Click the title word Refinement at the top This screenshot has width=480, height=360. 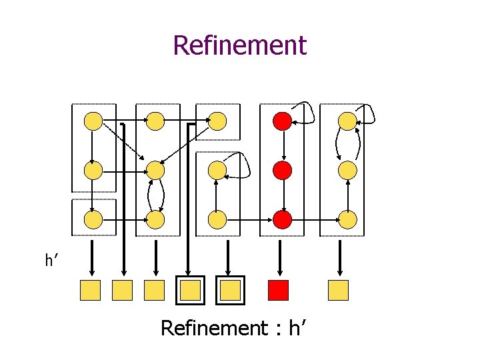pyautogui.click(x=239, y=45)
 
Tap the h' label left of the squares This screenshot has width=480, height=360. pyautogui.click(x=52, y=261)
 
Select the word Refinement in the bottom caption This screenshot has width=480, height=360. pyautogui.click(x=213, y=328)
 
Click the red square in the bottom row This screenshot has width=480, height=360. pyautogui.click(x=278, y=290)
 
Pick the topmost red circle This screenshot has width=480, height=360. pyautogui.click(x=283, y=121)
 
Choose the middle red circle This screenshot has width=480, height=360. pyautogui.click(x=283, y=170)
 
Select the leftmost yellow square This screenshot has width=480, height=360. pyautogui.click(x=90, y=290)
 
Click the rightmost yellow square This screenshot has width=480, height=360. pyautogui.click(x=339, y=290)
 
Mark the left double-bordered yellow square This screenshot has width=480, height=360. pyautogui.click(x=190, y=290)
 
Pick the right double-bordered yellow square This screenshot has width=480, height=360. pyautogui.click(x=230, y=290)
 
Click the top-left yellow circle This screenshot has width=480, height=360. pyautogui.click(x=93, y=121)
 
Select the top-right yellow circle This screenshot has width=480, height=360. pyautogui.click(x=347, y=121)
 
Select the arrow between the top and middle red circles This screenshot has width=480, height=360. pyautogui.click(x=283, y=145)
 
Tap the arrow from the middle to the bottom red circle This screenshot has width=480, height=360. pyautogui.click(x=283, y=194)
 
